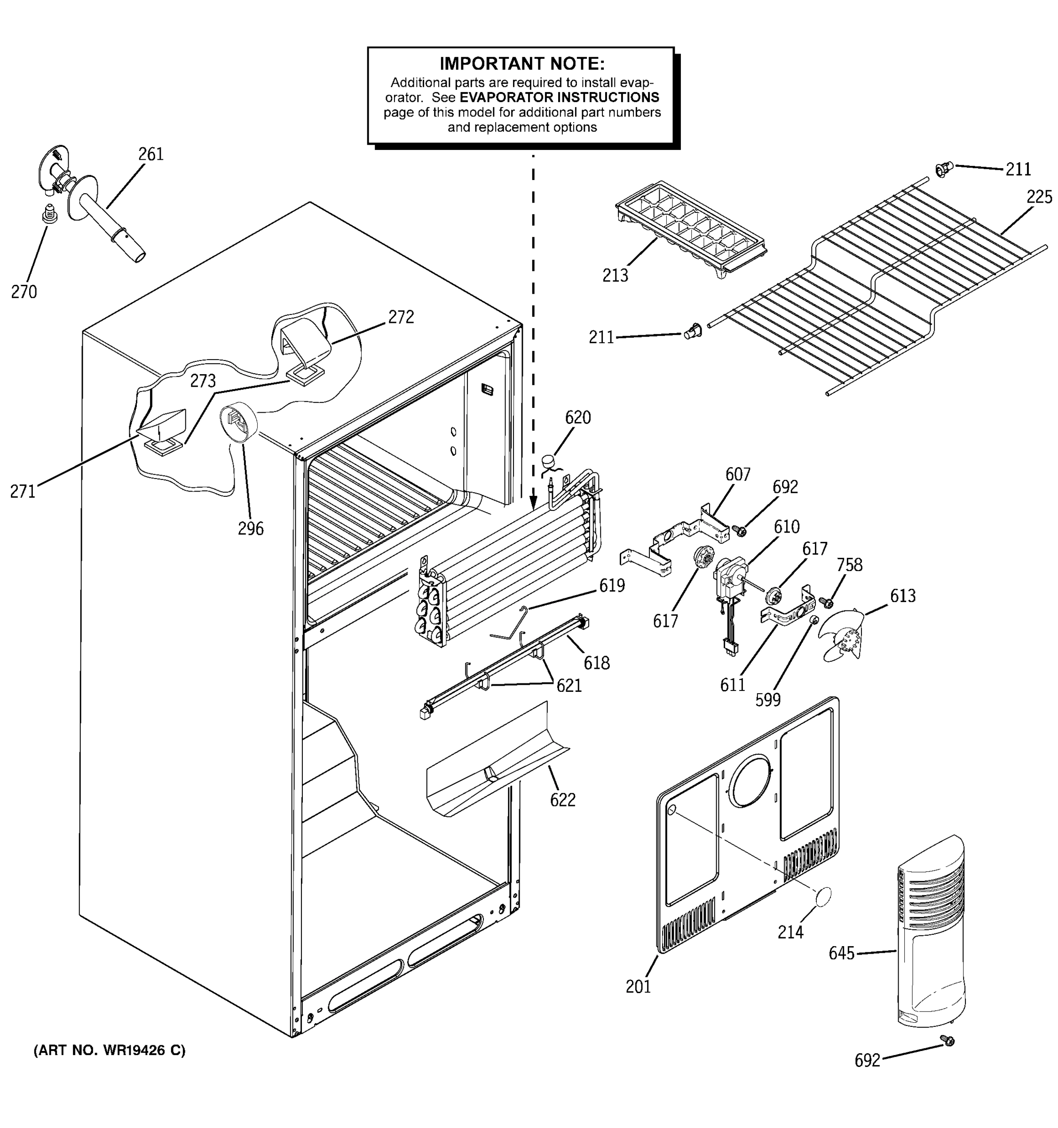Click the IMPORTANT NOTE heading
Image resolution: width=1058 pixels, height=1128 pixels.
[x=521, y=63]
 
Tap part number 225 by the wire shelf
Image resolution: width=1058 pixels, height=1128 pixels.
[x=1039, y=197]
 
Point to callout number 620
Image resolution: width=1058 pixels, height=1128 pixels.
[x=577, y=418]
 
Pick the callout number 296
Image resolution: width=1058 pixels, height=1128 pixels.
[x=250, y=529]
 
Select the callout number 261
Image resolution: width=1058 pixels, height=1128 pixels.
[x=150, y=154]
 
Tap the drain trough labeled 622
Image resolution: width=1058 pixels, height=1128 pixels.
[x=494, y=763]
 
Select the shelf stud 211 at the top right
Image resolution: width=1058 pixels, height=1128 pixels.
[x=942, y=169]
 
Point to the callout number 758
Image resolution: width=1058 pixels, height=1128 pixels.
[x=849, y=564]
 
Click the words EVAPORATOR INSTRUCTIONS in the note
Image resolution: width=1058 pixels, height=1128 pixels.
[x=559, y=98]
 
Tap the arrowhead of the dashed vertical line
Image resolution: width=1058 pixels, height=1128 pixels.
[x=533, y=502]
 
